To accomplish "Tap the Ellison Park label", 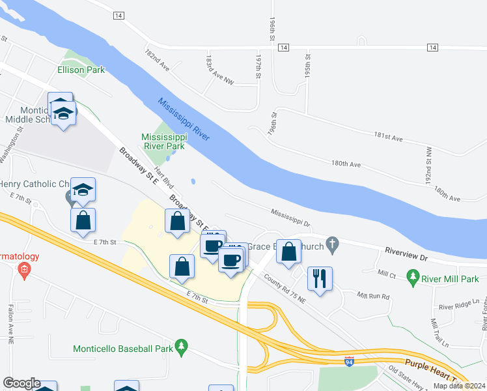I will [81, 70].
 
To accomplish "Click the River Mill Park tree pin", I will [412, 279].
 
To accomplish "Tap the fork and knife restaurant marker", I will [319, 279].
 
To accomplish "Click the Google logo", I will [21, 384].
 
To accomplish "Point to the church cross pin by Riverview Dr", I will [333, 245].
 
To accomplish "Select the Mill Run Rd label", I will [373, 296].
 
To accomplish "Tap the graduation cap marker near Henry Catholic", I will [83, 190].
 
